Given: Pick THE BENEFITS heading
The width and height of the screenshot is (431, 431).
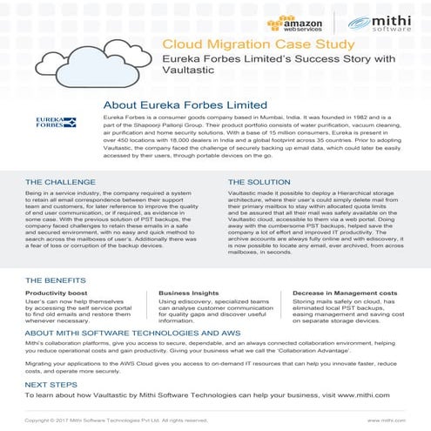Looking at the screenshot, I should point(56,281).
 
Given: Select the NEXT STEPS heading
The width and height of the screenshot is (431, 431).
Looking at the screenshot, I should point(50,383).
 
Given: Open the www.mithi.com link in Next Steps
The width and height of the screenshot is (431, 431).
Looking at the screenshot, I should point(360,395).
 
